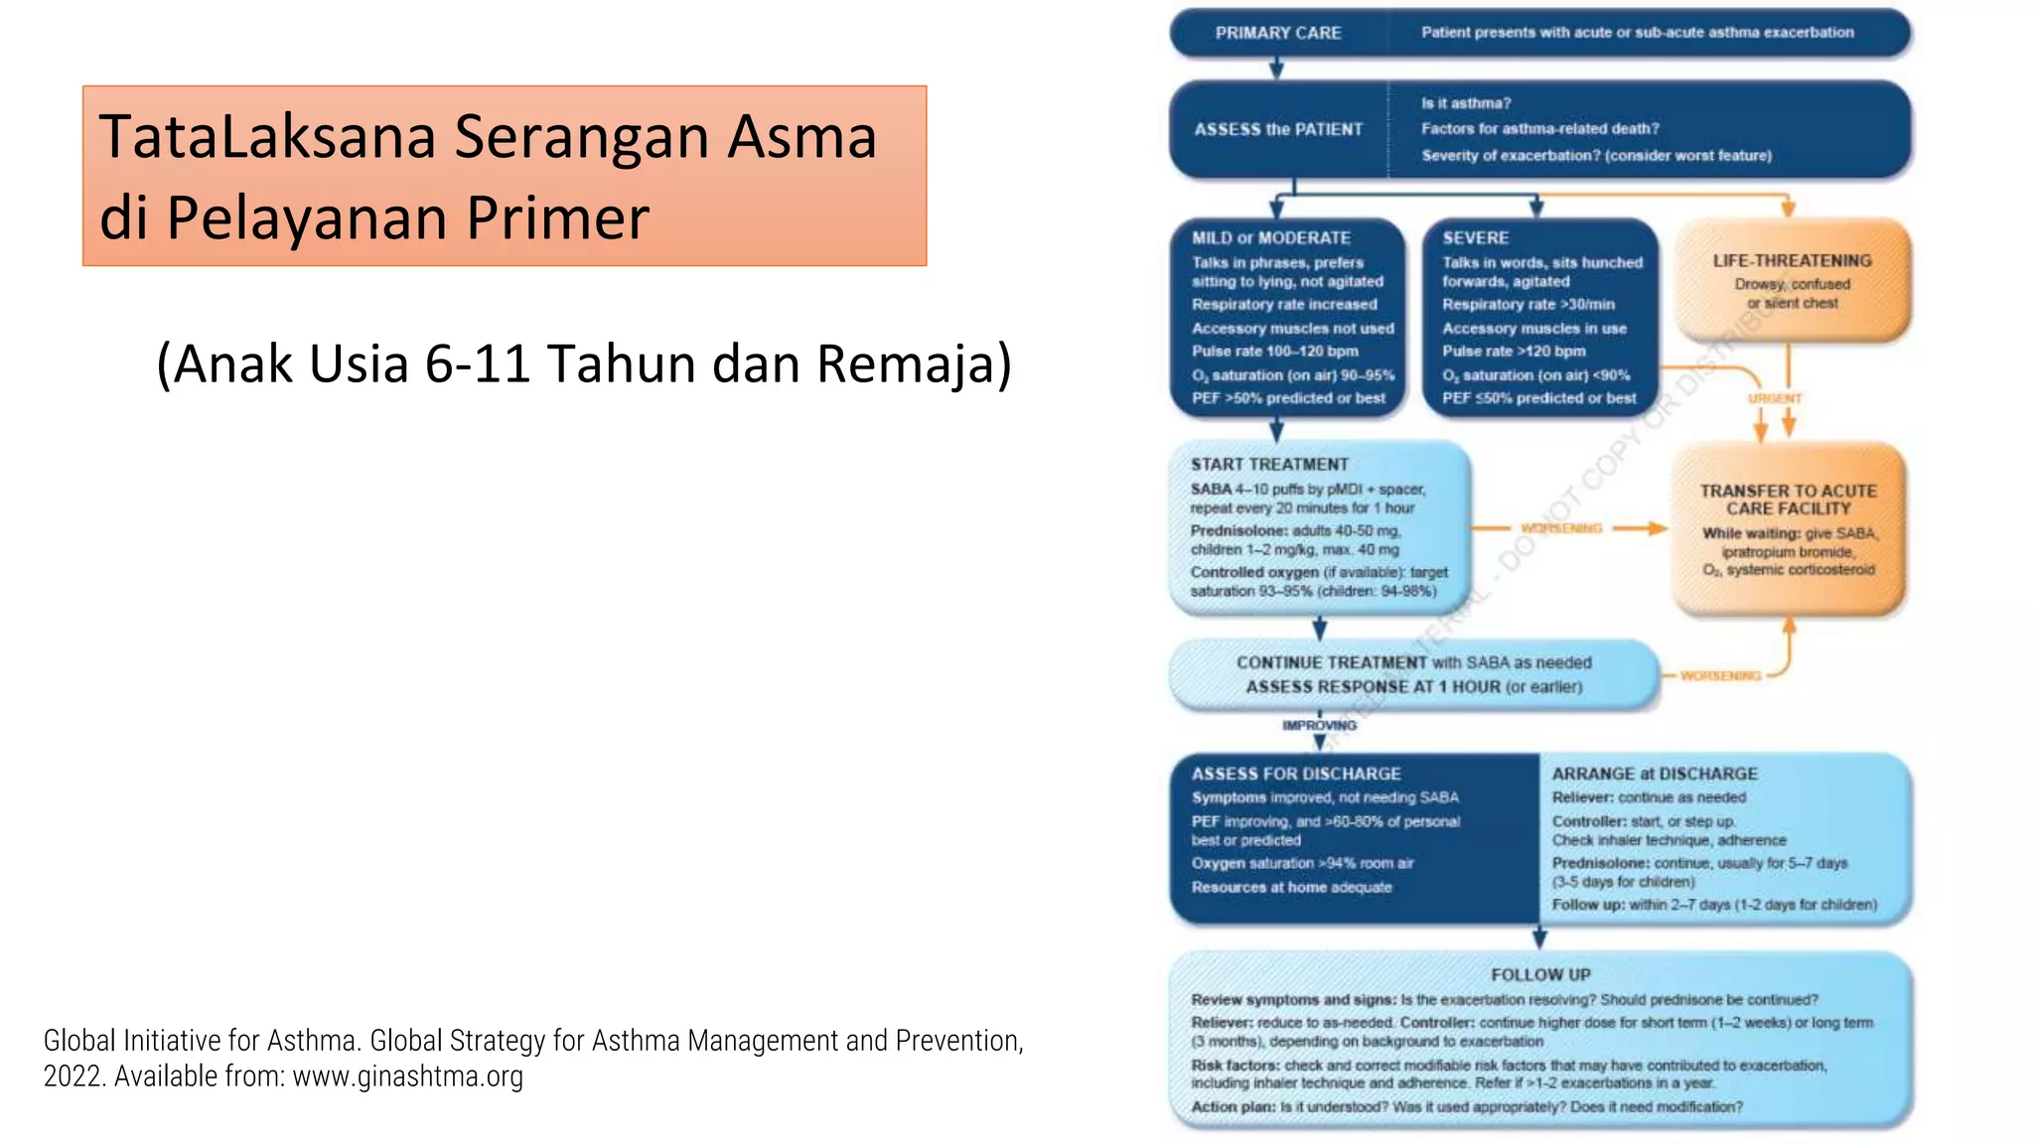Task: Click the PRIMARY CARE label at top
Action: click(x=1277, y=33)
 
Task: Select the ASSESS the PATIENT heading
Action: click(x=1278, y=129)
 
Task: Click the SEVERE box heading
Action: click(x=1475, y=238)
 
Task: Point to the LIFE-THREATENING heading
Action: click(x=1792, y=260)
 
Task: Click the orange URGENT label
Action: click(x=1774, y=398)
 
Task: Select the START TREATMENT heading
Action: click(x=1269, y=465)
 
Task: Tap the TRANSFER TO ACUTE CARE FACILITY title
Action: click(x=1788, y=500)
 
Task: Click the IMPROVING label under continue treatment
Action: click(x=1319, y=726)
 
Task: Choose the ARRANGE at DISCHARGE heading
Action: click(x=1654, y=774)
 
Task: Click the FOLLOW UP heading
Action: click(x=1539, y=975)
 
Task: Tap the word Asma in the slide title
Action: click(x=801, y=137)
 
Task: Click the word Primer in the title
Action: click(x=557, y=218)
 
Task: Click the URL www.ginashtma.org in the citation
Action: click(x=407, y=1076)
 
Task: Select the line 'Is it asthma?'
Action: click(x=1465, y=103)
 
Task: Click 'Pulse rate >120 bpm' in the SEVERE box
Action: click(x=1513, y=352)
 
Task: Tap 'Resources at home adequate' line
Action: click(x=1291, y=887)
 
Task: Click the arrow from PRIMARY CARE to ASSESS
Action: click(x=1277, y=68)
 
